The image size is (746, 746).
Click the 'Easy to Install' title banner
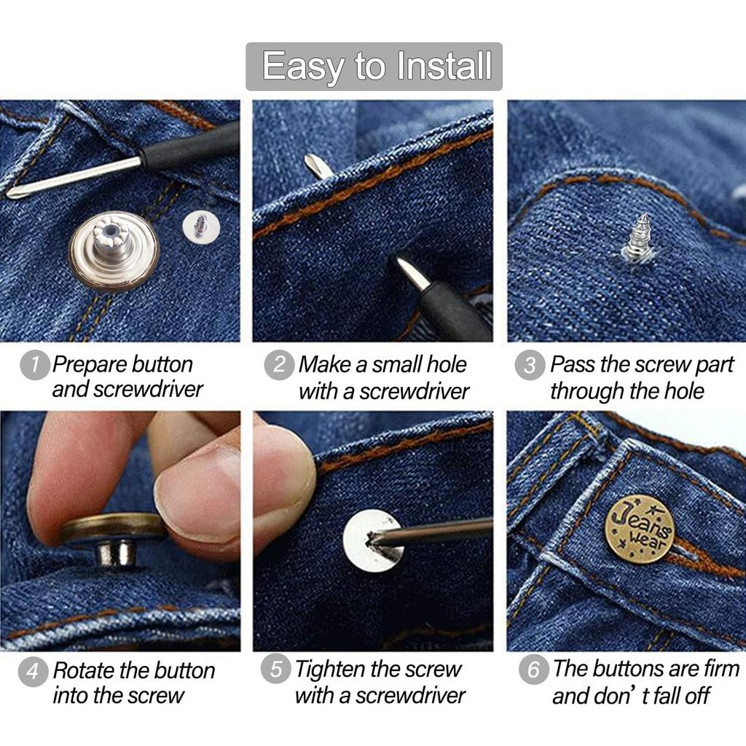click(374, 66)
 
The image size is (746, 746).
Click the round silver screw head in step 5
click(372, 540)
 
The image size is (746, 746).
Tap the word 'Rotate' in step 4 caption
click(87, 670)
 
